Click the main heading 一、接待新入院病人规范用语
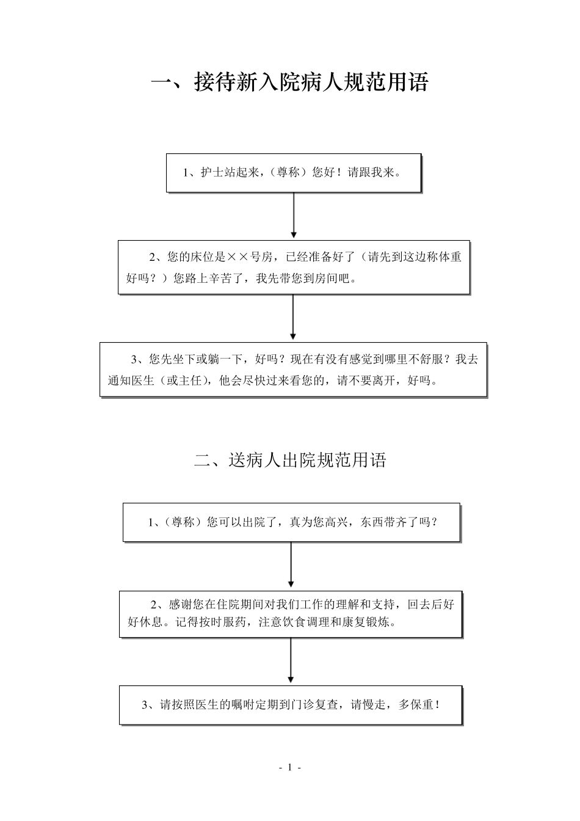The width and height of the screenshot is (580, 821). point(290,82)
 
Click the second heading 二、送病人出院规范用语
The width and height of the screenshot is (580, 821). point(290,460)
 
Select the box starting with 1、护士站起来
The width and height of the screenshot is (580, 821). point(294,173)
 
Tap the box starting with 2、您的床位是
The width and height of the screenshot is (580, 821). point(294,268)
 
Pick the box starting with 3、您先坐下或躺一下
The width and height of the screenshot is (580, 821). point(293,370)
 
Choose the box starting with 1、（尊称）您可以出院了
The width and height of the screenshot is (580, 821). point(291,522)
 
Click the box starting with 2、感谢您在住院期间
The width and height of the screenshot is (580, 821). point(291,614)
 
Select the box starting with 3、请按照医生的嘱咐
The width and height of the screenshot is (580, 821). point(291,705)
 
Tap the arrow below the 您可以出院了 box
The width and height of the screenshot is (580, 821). point(291,565)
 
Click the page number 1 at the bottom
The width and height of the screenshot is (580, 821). point(290,768)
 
